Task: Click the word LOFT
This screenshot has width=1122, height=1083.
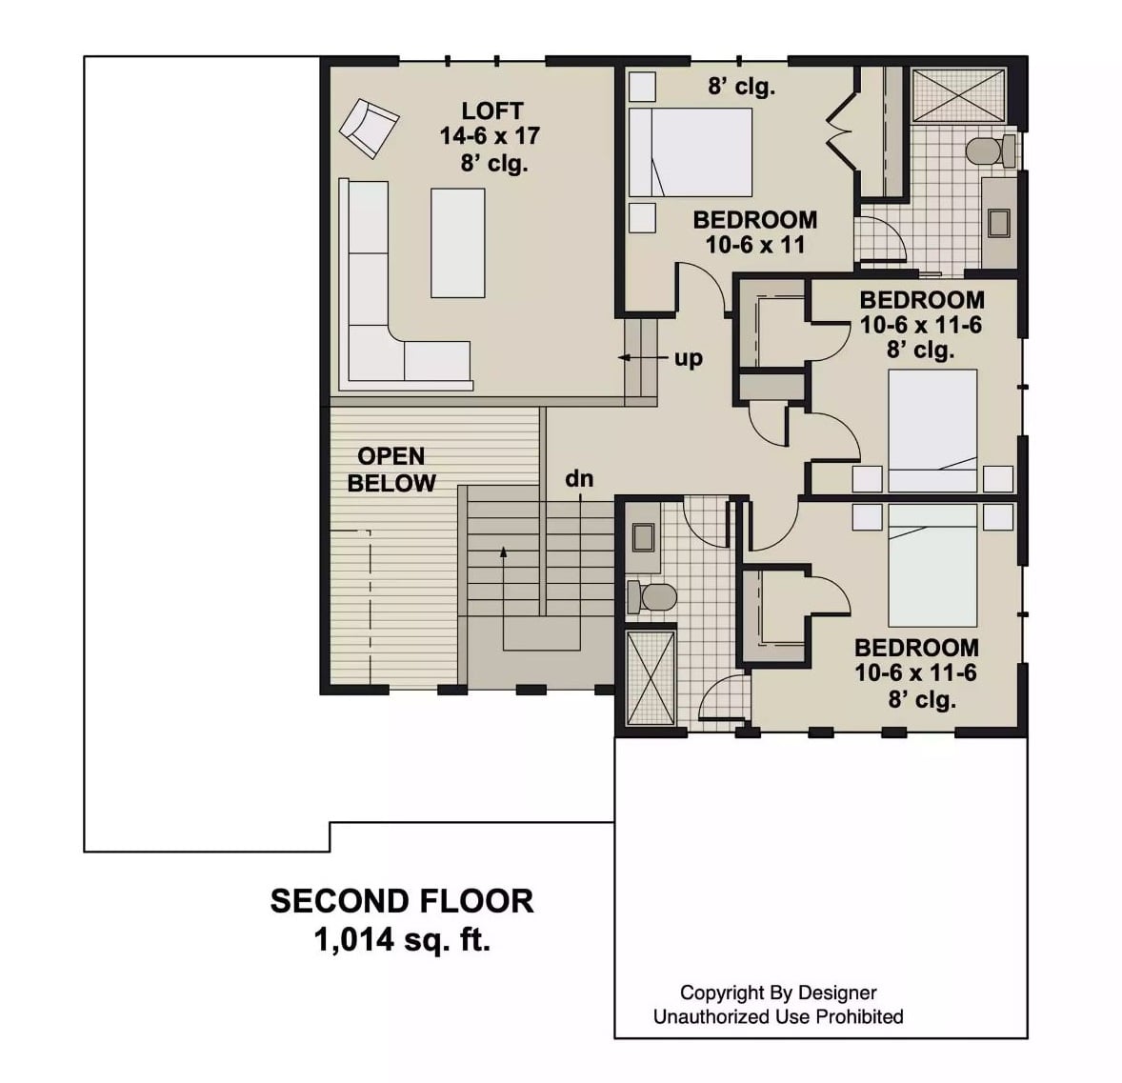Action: [491, 110]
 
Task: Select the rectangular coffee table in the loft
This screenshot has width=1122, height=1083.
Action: [457, 243]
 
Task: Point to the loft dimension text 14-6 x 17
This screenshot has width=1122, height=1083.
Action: [490, 136]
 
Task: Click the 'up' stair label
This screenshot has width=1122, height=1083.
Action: [688, 358]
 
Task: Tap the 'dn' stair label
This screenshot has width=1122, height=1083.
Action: [579, 479]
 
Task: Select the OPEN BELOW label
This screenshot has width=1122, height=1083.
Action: [391, 470]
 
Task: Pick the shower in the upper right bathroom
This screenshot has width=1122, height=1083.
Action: [958, 94]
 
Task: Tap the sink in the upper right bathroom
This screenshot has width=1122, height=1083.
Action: [998, 223]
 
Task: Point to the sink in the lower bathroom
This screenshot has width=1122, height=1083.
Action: [642, 538]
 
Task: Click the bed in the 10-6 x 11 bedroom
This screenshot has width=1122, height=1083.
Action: [690, 152]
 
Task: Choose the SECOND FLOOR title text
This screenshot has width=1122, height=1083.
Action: [402, 901]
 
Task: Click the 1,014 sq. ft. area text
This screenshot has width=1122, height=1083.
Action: [402, 941]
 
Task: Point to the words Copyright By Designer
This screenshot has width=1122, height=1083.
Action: [778, 993]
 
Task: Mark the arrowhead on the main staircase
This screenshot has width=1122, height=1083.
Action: [503, 551]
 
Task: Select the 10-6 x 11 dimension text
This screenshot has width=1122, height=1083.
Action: [754, 245]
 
